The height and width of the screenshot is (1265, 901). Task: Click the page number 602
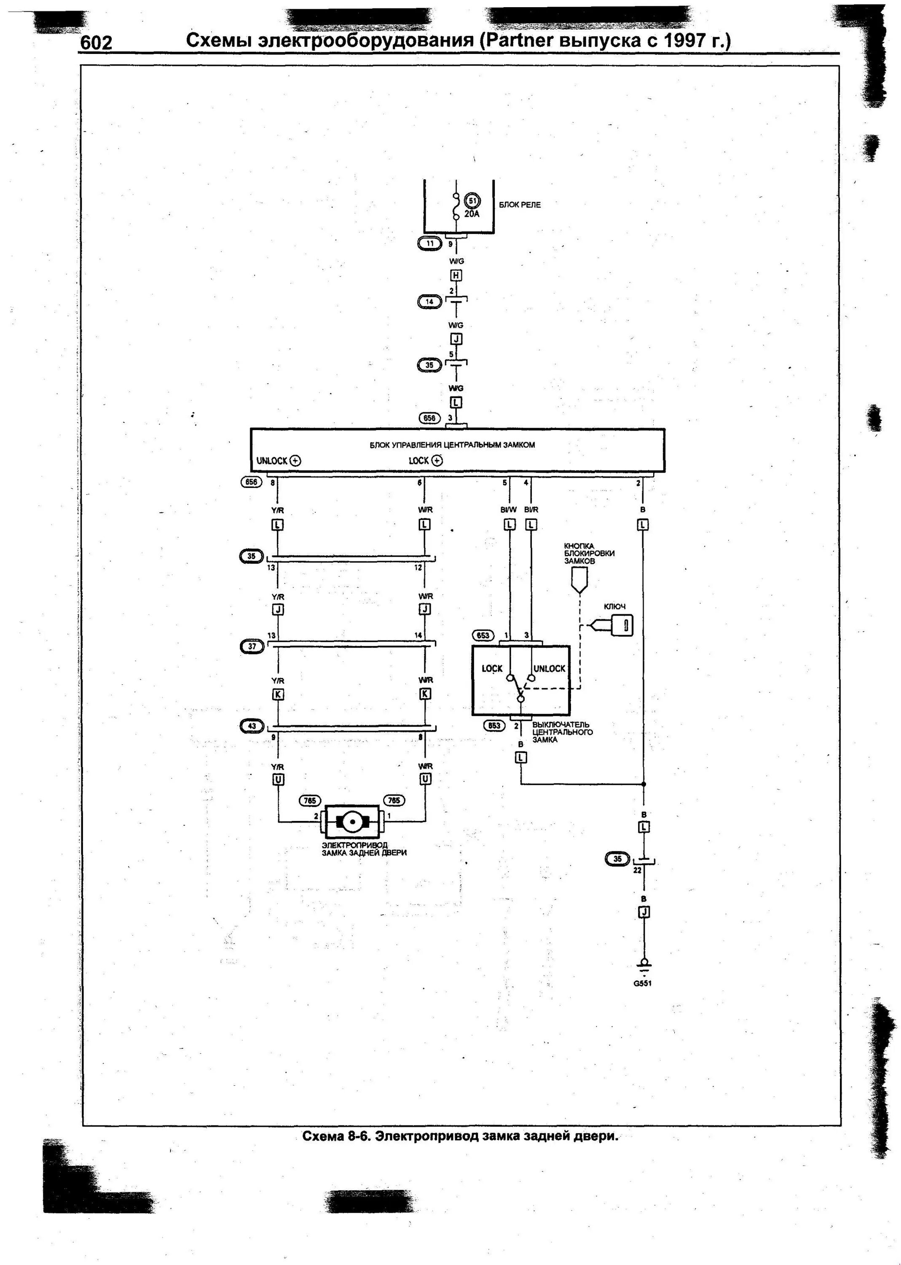(x=97, y=43)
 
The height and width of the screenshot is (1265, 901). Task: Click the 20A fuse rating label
(x=472, y=214)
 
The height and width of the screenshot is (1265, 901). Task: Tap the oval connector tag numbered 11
(x=430, y=243)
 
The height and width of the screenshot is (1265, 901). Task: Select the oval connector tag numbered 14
(x=429, y=302)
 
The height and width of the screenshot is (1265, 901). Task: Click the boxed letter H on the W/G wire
(x=456, y=275)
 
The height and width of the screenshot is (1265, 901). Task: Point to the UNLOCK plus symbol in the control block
(x=295, y=461)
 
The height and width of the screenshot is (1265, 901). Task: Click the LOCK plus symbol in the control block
(x=437, y=461)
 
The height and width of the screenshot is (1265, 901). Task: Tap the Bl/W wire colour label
(x=508, y=509)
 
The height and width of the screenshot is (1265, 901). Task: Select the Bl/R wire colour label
(x=531, y=509)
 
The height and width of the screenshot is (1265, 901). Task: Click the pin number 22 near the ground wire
(x=638, y=870)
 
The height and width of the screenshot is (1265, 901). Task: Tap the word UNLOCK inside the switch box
(x=549, y=669)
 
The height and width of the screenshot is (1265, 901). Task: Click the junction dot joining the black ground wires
(x=644, y=784)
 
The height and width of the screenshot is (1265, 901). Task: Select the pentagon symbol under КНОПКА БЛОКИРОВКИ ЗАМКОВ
(x=579, y=580)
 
